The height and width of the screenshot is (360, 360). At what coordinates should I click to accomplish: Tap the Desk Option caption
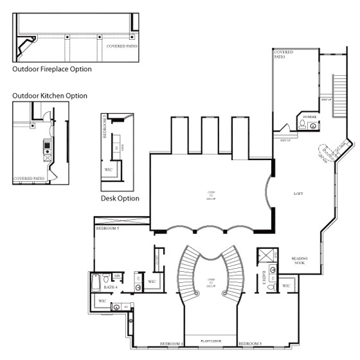(x=120, y=199)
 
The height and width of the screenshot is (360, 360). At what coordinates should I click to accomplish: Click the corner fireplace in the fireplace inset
(x=26, y=46)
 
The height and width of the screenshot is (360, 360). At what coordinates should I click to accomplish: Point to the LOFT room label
(x=297, y=193)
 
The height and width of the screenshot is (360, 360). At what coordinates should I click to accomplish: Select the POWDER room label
(x=310, y=118)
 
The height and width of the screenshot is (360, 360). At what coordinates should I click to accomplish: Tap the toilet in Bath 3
(x=271, y=286)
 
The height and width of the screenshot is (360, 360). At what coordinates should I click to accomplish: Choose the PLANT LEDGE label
(x=211, y=341)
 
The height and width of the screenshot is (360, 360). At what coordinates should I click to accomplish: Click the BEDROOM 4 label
(x=172, y=344)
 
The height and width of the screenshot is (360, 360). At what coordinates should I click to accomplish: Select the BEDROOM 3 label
(x=249, y=344)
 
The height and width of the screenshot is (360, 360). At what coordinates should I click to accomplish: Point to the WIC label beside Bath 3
(x=287, y=285)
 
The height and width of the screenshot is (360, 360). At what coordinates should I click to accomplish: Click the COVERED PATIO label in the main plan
(x=280, y=54)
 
